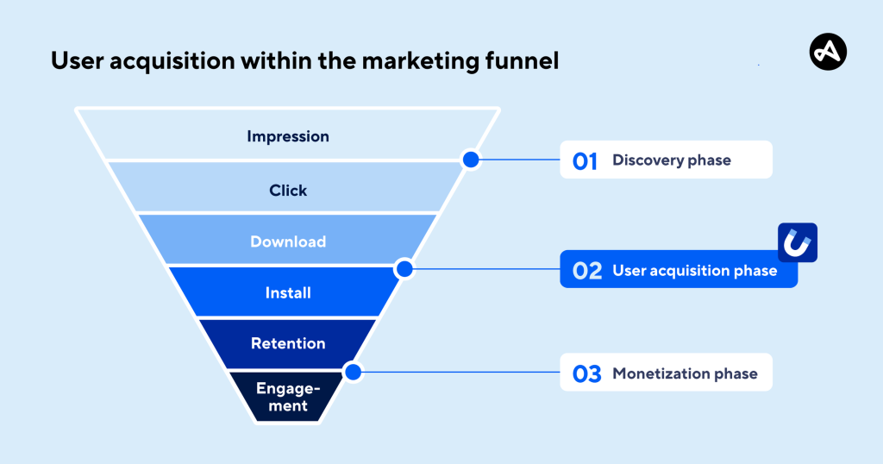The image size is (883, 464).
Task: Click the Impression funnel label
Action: [288, 136]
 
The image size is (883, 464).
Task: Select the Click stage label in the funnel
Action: [288, 191]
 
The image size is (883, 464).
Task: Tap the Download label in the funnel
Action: [288, 241]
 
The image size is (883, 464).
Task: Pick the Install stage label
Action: [288, 293]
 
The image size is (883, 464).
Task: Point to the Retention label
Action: [288, 343]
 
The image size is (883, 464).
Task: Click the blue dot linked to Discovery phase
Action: [470, 160]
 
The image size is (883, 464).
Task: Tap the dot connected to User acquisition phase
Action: [404, 269]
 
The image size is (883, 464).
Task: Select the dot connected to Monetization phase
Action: [352, 373]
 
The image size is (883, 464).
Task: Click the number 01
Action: [586, 160]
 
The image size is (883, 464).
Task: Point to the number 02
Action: [587, 271]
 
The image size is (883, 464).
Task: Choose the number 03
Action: [587, 374]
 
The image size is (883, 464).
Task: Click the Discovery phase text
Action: [671, 160]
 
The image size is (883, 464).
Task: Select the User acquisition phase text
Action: [694, 271]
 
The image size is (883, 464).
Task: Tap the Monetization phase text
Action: [685, 374]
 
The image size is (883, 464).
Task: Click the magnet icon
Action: [797, 243]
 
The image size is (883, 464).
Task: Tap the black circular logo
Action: [828, 53]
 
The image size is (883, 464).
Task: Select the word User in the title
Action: [72, 62]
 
